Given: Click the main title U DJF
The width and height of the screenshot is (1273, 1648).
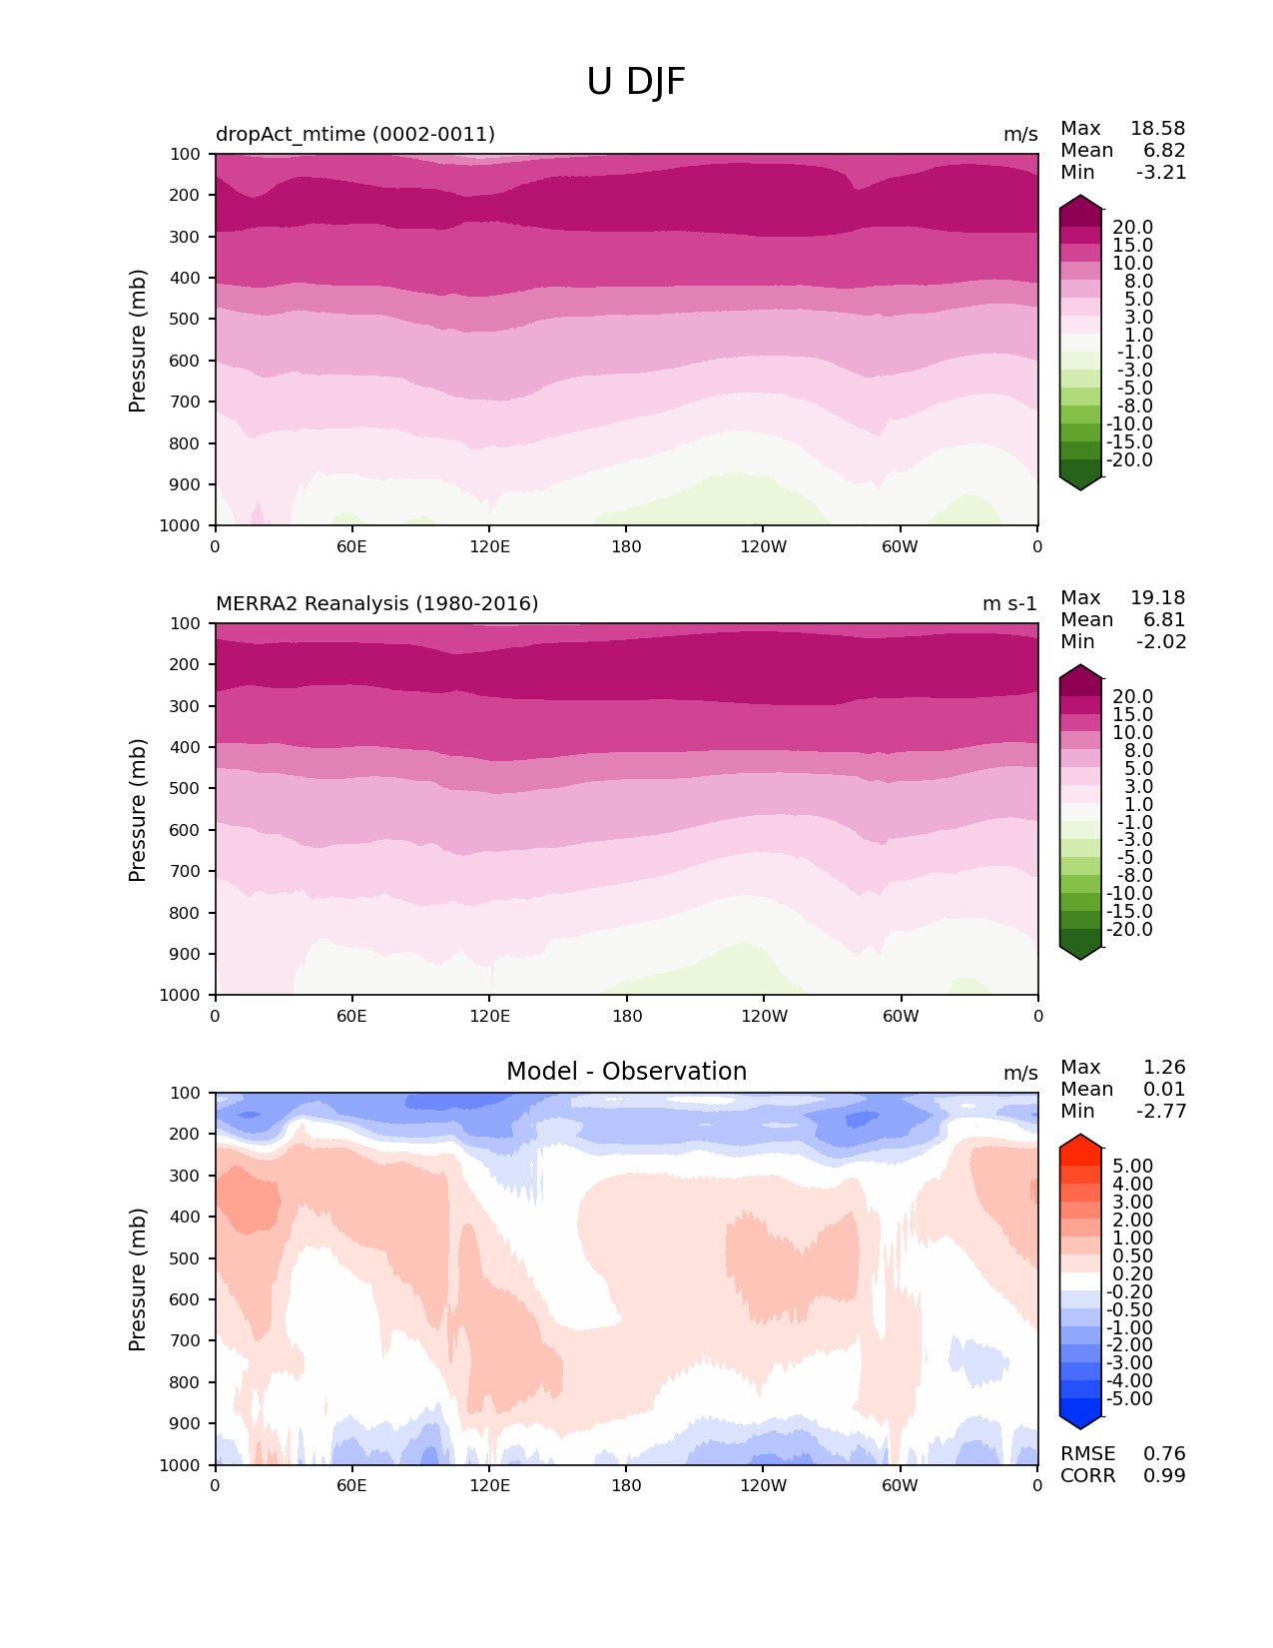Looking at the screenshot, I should tap(636, 82).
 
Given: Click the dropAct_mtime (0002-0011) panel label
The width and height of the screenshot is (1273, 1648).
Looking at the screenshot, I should tap(355, 135).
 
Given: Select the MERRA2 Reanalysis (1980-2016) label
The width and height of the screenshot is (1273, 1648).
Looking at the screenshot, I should tap(376, 604).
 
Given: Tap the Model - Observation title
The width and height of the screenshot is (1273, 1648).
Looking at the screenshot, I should tap(626, 1072).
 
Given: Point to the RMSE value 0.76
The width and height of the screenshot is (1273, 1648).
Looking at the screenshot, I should tap(1164, 1454).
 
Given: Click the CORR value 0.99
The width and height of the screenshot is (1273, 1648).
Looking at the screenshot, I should tap(1164, 1476).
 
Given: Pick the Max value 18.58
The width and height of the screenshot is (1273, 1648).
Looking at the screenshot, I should tap(1157, 129).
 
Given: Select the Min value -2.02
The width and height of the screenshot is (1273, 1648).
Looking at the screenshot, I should tap(1161, 642).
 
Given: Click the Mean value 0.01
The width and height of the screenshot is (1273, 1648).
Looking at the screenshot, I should tap(1164, 1090).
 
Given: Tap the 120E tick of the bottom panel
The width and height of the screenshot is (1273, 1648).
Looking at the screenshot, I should tap(489, 1485).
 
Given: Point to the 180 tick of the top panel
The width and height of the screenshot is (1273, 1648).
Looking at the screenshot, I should tap(626, 546).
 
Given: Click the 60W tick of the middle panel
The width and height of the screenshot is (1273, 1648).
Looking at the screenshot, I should tap(901, 1016).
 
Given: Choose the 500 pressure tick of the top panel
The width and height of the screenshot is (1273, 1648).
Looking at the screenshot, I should tap(186, 320).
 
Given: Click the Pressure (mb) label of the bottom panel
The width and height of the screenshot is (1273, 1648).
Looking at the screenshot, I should tap(138, 1279).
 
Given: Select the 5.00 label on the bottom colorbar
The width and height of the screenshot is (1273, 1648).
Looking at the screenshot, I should tap(1132, 1167).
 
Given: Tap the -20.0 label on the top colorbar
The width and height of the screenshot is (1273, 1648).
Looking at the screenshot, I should tap(1129, 460).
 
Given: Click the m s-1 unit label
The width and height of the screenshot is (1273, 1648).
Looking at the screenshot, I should tap(1009, 604).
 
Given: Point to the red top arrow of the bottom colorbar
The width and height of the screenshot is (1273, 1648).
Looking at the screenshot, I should tap(1080, 1143).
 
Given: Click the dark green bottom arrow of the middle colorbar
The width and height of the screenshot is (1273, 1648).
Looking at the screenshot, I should tap(1080, 952).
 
